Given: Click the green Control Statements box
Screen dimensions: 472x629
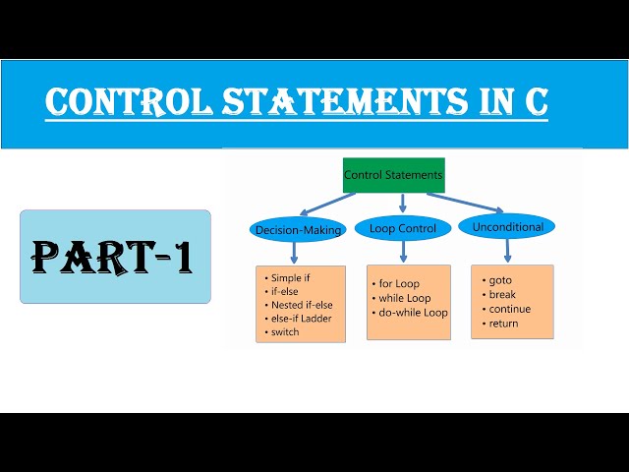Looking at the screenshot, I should click(393, 175).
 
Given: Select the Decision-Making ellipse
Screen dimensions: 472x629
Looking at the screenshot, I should click(298, 230).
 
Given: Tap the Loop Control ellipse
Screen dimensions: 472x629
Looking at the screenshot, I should click(403, 228).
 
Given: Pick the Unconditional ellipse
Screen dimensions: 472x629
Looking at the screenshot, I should click(508, 227).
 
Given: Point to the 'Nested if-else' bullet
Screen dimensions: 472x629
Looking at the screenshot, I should click(302, 305).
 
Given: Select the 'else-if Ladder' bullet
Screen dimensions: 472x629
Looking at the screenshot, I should click(303, 318).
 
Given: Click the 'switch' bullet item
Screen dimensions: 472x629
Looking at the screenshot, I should click(286, 331).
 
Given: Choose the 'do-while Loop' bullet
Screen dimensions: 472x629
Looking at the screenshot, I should click(413, 313).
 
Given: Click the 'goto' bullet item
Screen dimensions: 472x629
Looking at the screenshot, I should click(499, 280).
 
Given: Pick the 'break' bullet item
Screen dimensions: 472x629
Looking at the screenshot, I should click(501, 294).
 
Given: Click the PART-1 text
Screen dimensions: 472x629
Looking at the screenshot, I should click(111, 257).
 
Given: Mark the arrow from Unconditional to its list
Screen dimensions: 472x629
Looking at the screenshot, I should click(506, 252).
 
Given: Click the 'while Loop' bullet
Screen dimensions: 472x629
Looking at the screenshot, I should click(406, 298).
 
